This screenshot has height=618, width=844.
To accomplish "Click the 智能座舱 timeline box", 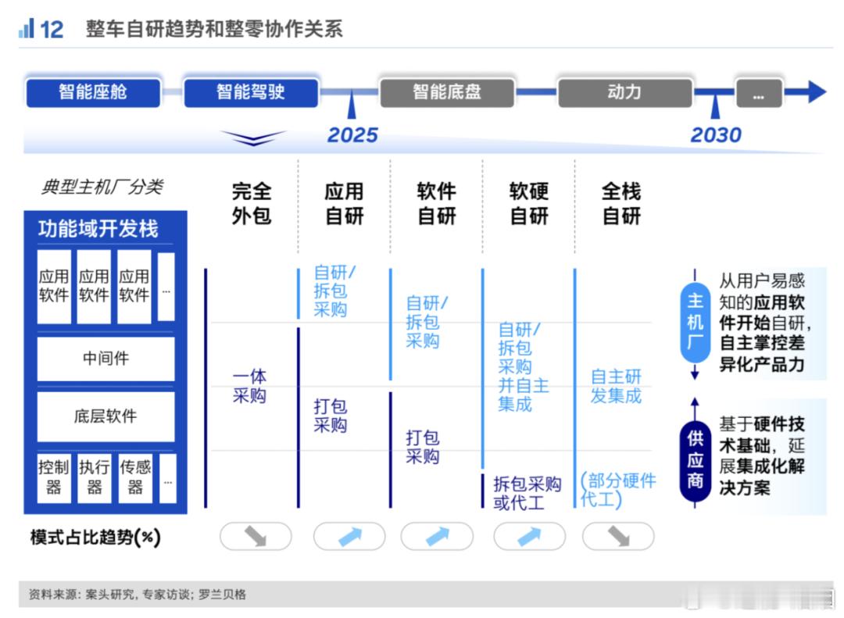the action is (x=93, y=93).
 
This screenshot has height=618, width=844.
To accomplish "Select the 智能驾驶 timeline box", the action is (x=251, y=93).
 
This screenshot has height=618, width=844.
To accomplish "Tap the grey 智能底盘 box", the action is (x=447, y=93).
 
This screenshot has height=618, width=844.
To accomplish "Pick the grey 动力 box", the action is (x=624, y=93).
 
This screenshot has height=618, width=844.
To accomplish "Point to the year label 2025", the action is (x=352, y=134).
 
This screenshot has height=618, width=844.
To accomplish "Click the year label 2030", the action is (x=716, y=134).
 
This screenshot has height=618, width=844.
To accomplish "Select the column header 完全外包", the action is (x=252, y=203).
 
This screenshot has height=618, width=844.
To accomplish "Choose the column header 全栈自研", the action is (x=621, y=203).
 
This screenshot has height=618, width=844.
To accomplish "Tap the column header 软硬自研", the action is (x=528, y=203).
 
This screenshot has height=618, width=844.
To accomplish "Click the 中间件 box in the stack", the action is (x=105, y=359).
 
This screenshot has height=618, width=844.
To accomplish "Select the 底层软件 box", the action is (x=105, y=416).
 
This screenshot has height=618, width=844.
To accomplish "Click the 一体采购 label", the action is (x=249, y=386).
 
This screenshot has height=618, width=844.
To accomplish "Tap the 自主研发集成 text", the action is (x=616, y=386).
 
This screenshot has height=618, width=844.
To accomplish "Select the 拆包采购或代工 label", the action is (x=527, y=493).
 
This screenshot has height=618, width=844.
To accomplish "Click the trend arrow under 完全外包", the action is (x=256, y=536).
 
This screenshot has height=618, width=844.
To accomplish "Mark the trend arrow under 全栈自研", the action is (x=618, y=536).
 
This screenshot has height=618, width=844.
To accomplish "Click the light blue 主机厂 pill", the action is (x=695, y=323).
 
